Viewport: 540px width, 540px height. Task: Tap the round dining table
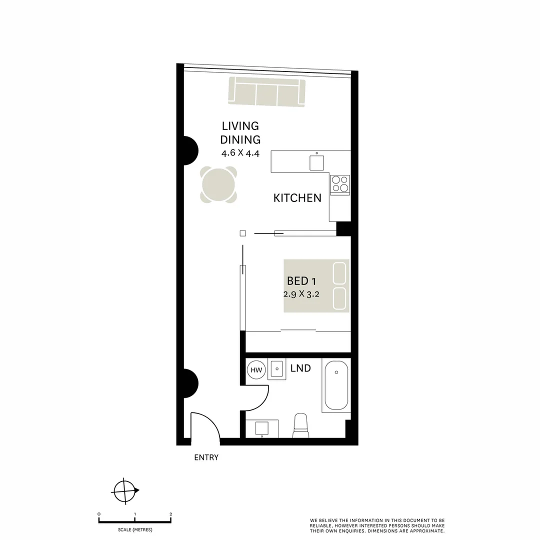coord(219,184)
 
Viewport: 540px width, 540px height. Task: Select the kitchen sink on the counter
coord(316,163)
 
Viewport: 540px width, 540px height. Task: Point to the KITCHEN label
coord(297,198)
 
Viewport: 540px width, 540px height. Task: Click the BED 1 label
coord(301,281)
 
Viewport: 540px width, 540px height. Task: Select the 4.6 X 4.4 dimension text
coord(240,153)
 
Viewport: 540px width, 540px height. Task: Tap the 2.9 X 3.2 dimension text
coord(301,294)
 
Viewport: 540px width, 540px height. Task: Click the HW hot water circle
coord(256,370)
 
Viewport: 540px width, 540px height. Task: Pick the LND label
coord(300,368)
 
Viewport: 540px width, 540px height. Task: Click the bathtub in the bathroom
coord(335,385)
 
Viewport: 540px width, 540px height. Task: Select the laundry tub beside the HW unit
coord(276,369)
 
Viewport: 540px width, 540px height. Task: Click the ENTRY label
coord(206,457)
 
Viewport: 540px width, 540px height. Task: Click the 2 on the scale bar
coord(171,514)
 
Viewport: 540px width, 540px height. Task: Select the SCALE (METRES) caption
coord(135,529)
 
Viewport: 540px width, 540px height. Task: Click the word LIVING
coord(240,126)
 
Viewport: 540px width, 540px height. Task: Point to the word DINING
coord(240,139)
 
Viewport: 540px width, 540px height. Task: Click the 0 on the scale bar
coord(99,514)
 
